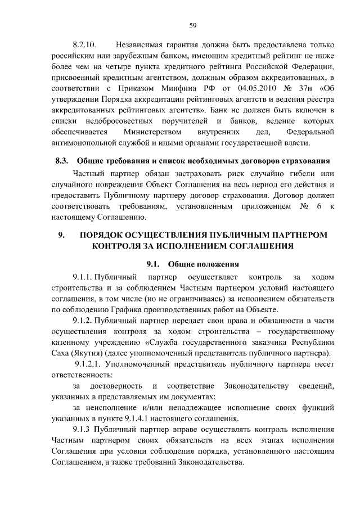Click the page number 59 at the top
click(192, 25)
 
